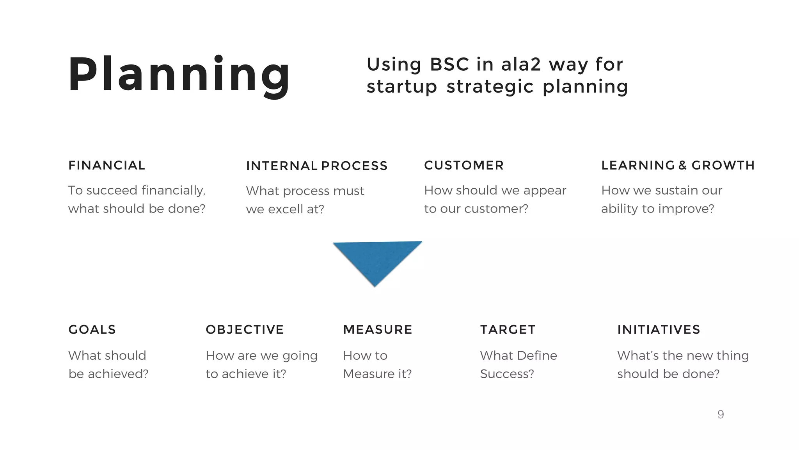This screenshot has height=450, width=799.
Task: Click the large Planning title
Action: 179,75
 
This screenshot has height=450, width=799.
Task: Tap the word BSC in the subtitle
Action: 449,64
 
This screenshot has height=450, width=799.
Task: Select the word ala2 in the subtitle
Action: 521,64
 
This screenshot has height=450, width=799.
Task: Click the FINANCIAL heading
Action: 107,165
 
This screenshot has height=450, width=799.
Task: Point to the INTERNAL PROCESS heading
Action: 317,166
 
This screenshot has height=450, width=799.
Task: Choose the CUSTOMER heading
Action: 464,165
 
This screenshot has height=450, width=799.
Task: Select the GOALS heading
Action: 92,330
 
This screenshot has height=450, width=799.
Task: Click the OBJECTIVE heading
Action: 245,330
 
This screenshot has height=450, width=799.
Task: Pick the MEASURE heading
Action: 378,330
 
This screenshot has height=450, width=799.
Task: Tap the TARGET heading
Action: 508,330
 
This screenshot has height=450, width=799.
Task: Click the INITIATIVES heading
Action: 659,330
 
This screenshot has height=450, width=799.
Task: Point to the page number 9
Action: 721,414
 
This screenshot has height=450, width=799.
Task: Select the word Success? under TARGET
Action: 507,374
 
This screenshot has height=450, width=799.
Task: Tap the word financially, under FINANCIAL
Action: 173,191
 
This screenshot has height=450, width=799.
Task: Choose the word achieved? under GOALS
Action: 118,374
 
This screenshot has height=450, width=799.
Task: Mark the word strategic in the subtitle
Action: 490,87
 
